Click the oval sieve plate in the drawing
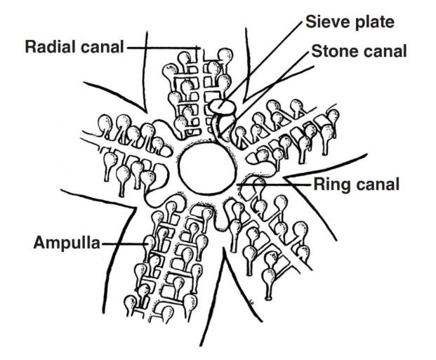(x=220, y=105)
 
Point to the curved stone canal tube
(x=220, y=126)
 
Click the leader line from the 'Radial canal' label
(x=161, y=48)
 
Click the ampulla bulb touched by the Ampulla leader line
(x=150, y=243)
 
